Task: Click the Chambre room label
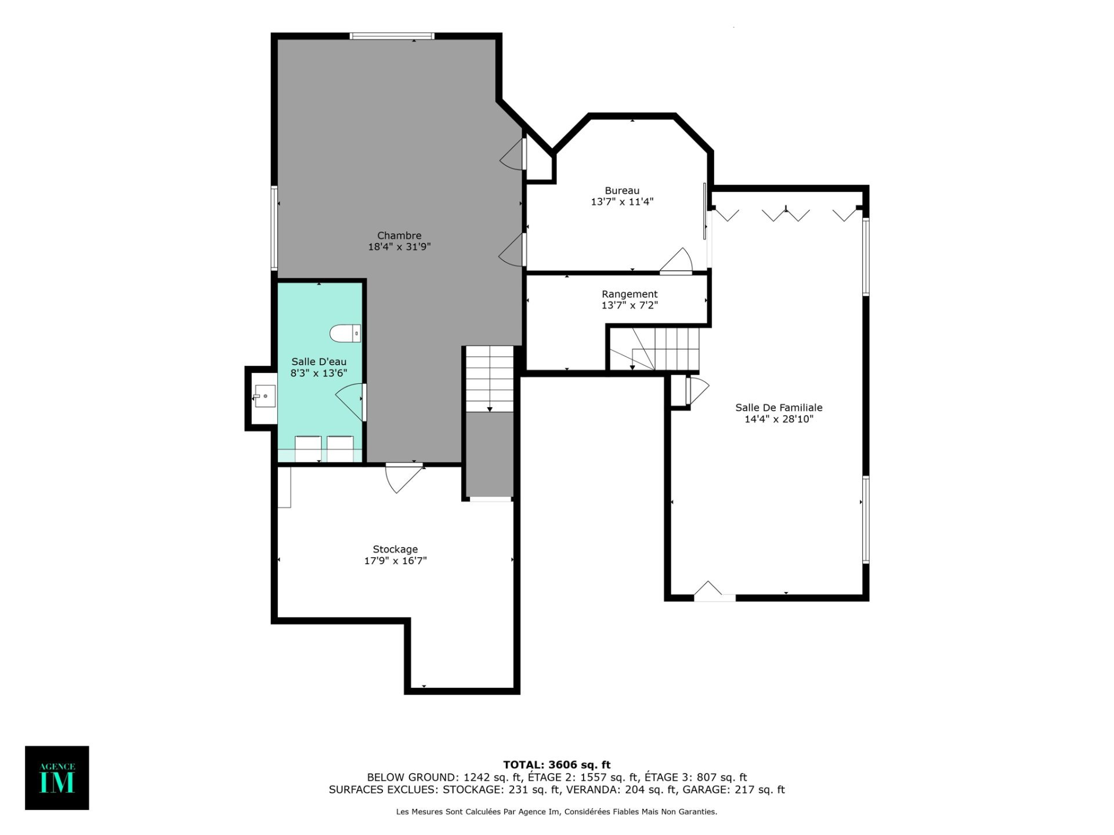[399, 235]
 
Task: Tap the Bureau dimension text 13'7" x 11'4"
[622, 202]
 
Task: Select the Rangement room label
[630, 294]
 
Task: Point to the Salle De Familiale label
[779, 408]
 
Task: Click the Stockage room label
[395, 549]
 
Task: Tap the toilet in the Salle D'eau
[345, 333]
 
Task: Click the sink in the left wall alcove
[265, 396]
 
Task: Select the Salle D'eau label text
[319, 362]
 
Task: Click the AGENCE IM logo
[57, 778]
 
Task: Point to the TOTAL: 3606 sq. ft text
[556, 765]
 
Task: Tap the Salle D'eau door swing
[350, 401]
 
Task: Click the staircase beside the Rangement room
[654, 349]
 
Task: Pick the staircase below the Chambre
[490, 379]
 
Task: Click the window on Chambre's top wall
[392, 37]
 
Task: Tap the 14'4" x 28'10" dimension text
[779, 419]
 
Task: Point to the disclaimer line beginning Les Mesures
[556, 812]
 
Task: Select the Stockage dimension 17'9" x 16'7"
[395, 561]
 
